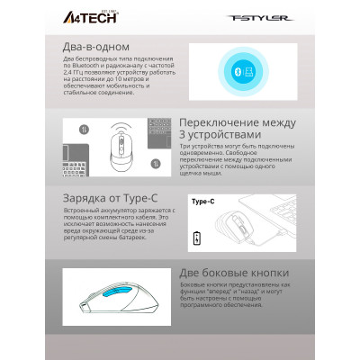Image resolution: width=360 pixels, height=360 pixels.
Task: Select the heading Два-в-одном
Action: pyautogui.click(x=89, y=46)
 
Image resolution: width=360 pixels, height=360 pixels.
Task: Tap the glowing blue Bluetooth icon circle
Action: pyautogui.click(x=235, y=71)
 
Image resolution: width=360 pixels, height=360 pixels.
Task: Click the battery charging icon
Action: pyautogui.click(x=198, y=238)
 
